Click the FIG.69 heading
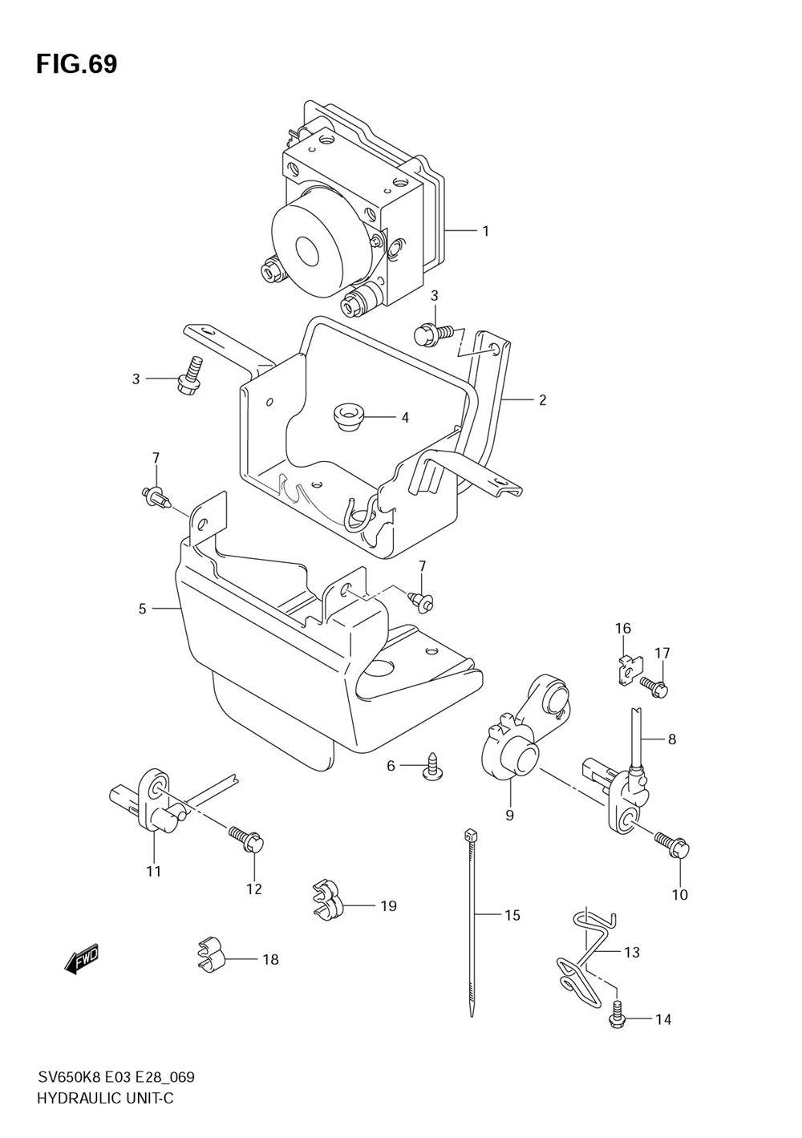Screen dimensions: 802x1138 [76, 64]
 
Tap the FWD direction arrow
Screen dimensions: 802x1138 [81, 960]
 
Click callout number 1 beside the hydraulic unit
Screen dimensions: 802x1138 [485, 231]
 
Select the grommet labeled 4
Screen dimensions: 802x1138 [347, 416]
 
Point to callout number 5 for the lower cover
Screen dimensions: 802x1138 [142, 608]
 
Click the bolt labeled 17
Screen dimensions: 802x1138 [654, 686]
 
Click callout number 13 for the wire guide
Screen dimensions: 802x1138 [631, 952]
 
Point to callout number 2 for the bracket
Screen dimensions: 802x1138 [542, 400]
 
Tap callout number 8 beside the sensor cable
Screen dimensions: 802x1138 [672, 739]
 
